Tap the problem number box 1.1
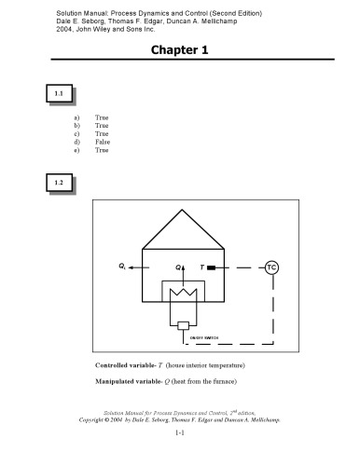[x=59, y=94]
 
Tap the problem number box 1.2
[x=59, y=184]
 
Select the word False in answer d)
[x=104, y=141]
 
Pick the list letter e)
[x=77, y=149]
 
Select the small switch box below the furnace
[x=183, y=324]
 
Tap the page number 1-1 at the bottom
[x=180, y=434]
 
